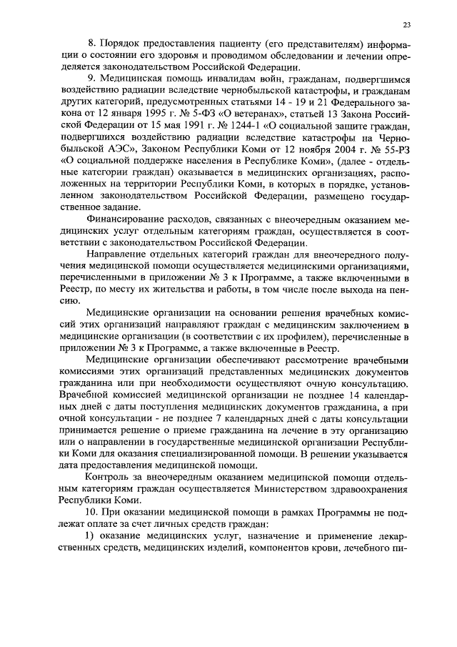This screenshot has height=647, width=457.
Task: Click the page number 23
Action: click(406, 24)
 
